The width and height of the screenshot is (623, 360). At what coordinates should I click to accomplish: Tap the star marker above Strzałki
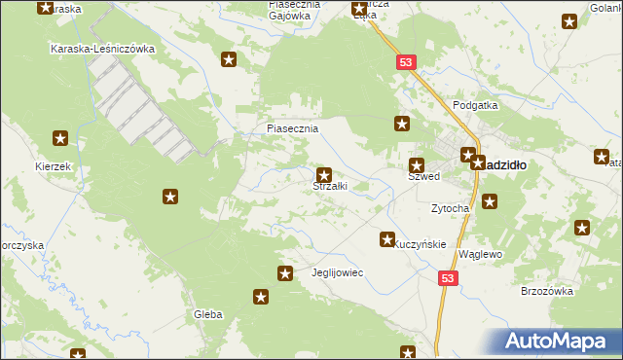324,174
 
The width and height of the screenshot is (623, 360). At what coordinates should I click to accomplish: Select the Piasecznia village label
293,128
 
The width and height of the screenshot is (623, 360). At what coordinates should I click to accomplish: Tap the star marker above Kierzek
61,138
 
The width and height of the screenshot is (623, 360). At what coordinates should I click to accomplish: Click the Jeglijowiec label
336,272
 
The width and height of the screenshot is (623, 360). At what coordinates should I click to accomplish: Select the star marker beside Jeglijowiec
285,273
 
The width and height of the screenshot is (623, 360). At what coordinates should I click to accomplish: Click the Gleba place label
208,314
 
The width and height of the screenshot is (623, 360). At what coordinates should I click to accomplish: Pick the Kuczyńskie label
421,245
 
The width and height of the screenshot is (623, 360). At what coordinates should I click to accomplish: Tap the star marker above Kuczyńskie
387,238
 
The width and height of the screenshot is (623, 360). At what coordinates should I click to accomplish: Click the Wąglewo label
479,254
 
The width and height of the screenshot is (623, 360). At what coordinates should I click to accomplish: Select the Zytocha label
451,208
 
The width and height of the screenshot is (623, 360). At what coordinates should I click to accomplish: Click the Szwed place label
424,177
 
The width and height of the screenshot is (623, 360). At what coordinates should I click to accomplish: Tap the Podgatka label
475,105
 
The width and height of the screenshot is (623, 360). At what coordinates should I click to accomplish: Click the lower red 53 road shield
447,278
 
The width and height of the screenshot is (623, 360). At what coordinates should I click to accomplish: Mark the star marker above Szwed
418,165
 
